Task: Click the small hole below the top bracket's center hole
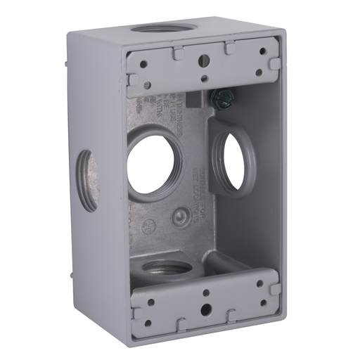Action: coord(204,79)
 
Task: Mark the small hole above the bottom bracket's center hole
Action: coord(206,294)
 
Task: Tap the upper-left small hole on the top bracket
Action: coord(143,65)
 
